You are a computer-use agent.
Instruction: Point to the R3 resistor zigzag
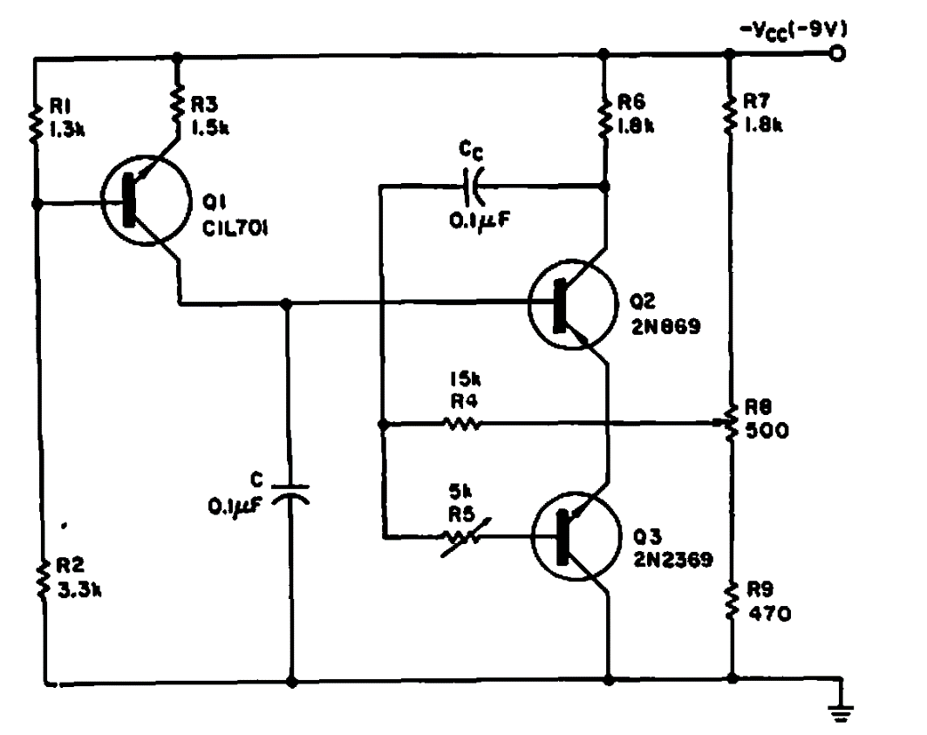[x=178, y=103]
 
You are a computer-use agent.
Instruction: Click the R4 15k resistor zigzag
[x=461, y=425]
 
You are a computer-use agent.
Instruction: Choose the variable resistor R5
[x=461, y=536]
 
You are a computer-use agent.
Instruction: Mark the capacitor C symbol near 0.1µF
[x=290, y=493]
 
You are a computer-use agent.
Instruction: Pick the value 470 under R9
[x=769, y=614]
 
